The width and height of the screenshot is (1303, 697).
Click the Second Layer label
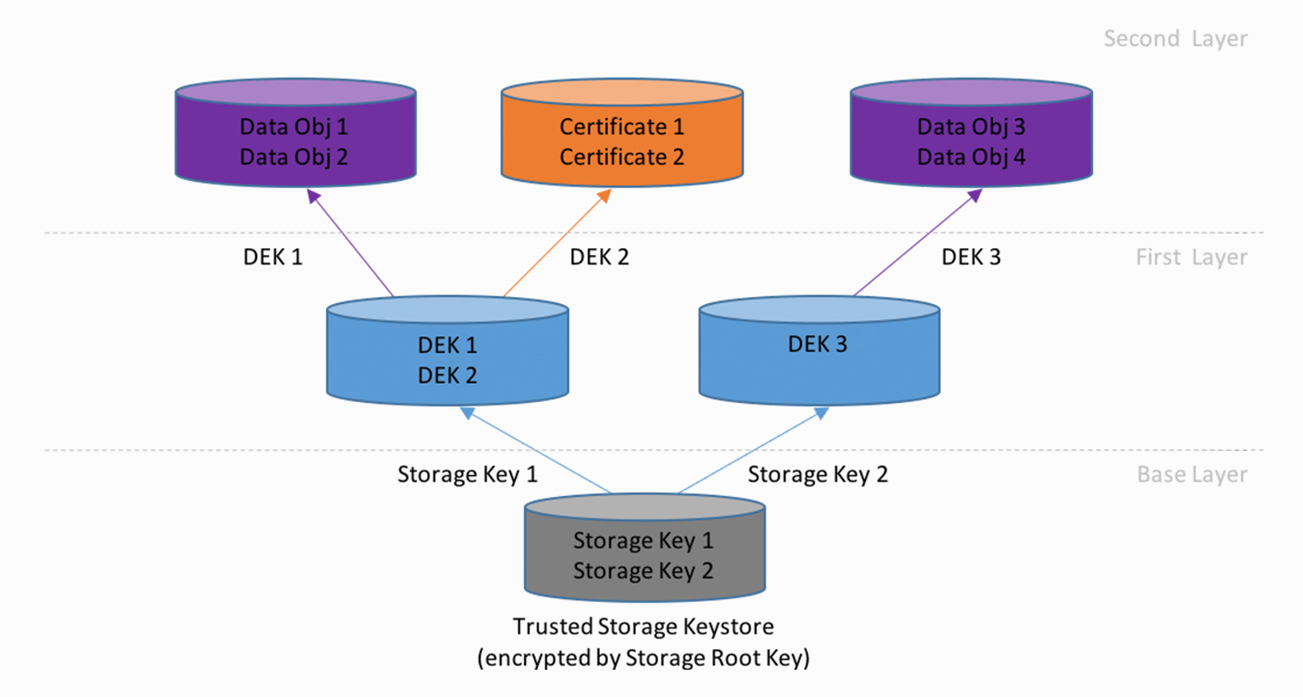click(1175, 39)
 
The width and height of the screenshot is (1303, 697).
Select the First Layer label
click(1191, 258)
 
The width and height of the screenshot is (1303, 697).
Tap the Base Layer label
click(1192, 475)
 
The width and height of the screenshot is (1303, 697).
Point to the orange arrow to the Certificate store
click(556, 243)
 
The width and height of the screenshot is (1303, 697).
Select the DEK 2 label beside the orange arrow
click(599, 257)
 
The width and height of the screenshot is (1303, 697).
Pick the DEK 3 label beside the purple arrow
click(971, 257)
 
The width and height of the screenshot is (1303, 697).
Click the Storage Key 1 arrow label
click(467, 474)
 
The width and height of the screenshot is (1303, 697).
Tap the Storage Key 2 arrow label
click(817, 474)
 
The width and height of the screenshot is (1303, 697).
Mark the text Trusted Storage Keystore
click(643, 626)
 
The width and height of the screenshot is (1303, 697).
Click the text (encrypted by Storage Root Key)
click(643, 658)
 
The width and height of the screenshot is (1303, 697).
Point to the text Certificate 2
click(622, 157)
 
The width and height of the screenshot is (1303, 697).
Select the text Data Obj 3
click(971, 127)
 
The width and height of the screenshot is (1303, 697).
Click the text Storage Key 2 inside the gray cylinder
click(643, 571)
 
